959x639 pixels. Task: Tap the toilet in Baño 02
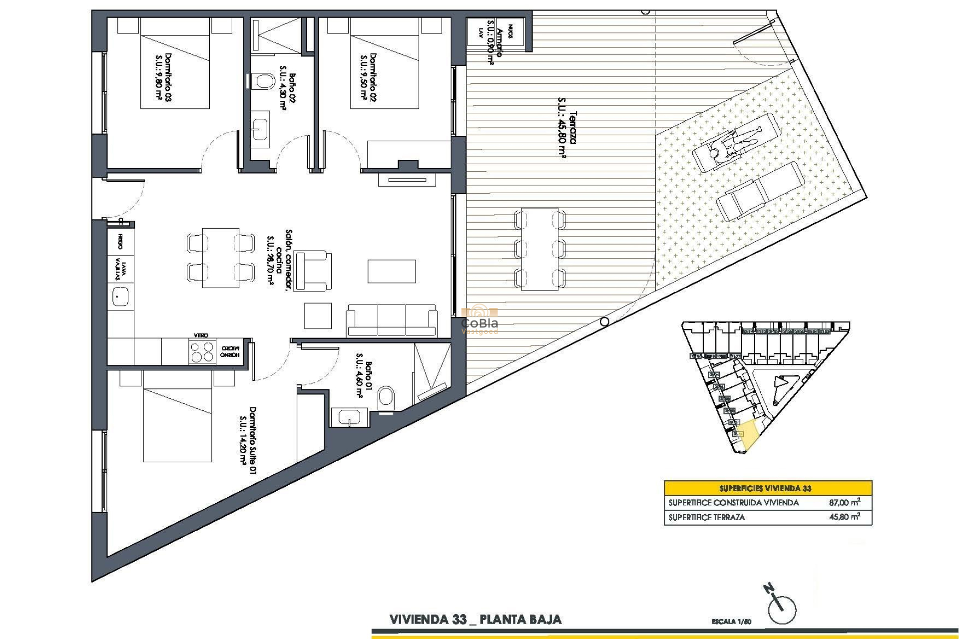point(263,82)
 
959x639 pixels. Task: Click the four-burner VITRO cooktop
point(202,351)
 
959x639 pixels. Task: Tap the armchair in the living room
point(313,271)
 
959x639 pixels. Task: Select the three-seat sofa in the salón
point(392,320)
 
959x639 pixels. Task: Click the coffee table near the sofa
point(318,316)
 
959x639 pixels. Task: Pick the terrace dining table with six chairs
point(540,249)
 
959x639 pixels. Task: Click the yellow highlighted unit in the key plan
point(747,434)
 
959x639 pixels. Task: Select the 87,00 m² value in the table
point(844,503)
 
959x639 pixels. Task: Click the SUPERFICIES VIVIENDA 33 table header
point(768,488)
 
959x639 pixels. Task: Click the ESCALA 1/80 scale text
point(731,622)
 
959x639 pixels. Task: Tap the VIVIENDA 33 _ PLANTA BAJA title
point(475,620)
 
